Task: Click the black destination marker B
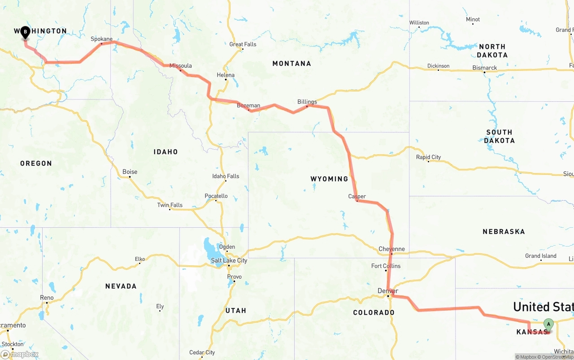(x=25, y=32)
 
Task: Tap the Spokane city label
(x=101, y=39)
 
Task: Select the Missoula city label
(x=180, y=66)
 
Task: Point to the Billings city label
(x=307, y=102)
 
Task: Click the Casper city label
(x=357, y=196)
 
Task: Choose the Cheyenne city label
(x=391, y=249)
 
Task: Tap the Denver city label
(x=388, y=291)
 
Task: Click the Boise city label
(x=130, y=172)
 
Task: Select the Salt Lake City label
(x=229, y=260)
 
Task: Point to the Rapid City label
(x=428, y=157)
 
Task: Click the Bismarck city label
(x=485, y=68)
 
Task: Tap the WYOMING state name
(x=329, y=179)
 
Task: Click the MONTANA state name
(x=291, y=64)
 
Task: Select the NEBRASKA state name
(x=504, y=232)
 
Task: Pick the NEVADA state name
(x=121, y=286)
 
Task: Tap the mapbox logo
(x=20, y=354)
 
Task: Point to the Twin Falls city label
(x=170, y=205)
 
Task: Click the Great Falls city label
(x=243, y=44)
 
